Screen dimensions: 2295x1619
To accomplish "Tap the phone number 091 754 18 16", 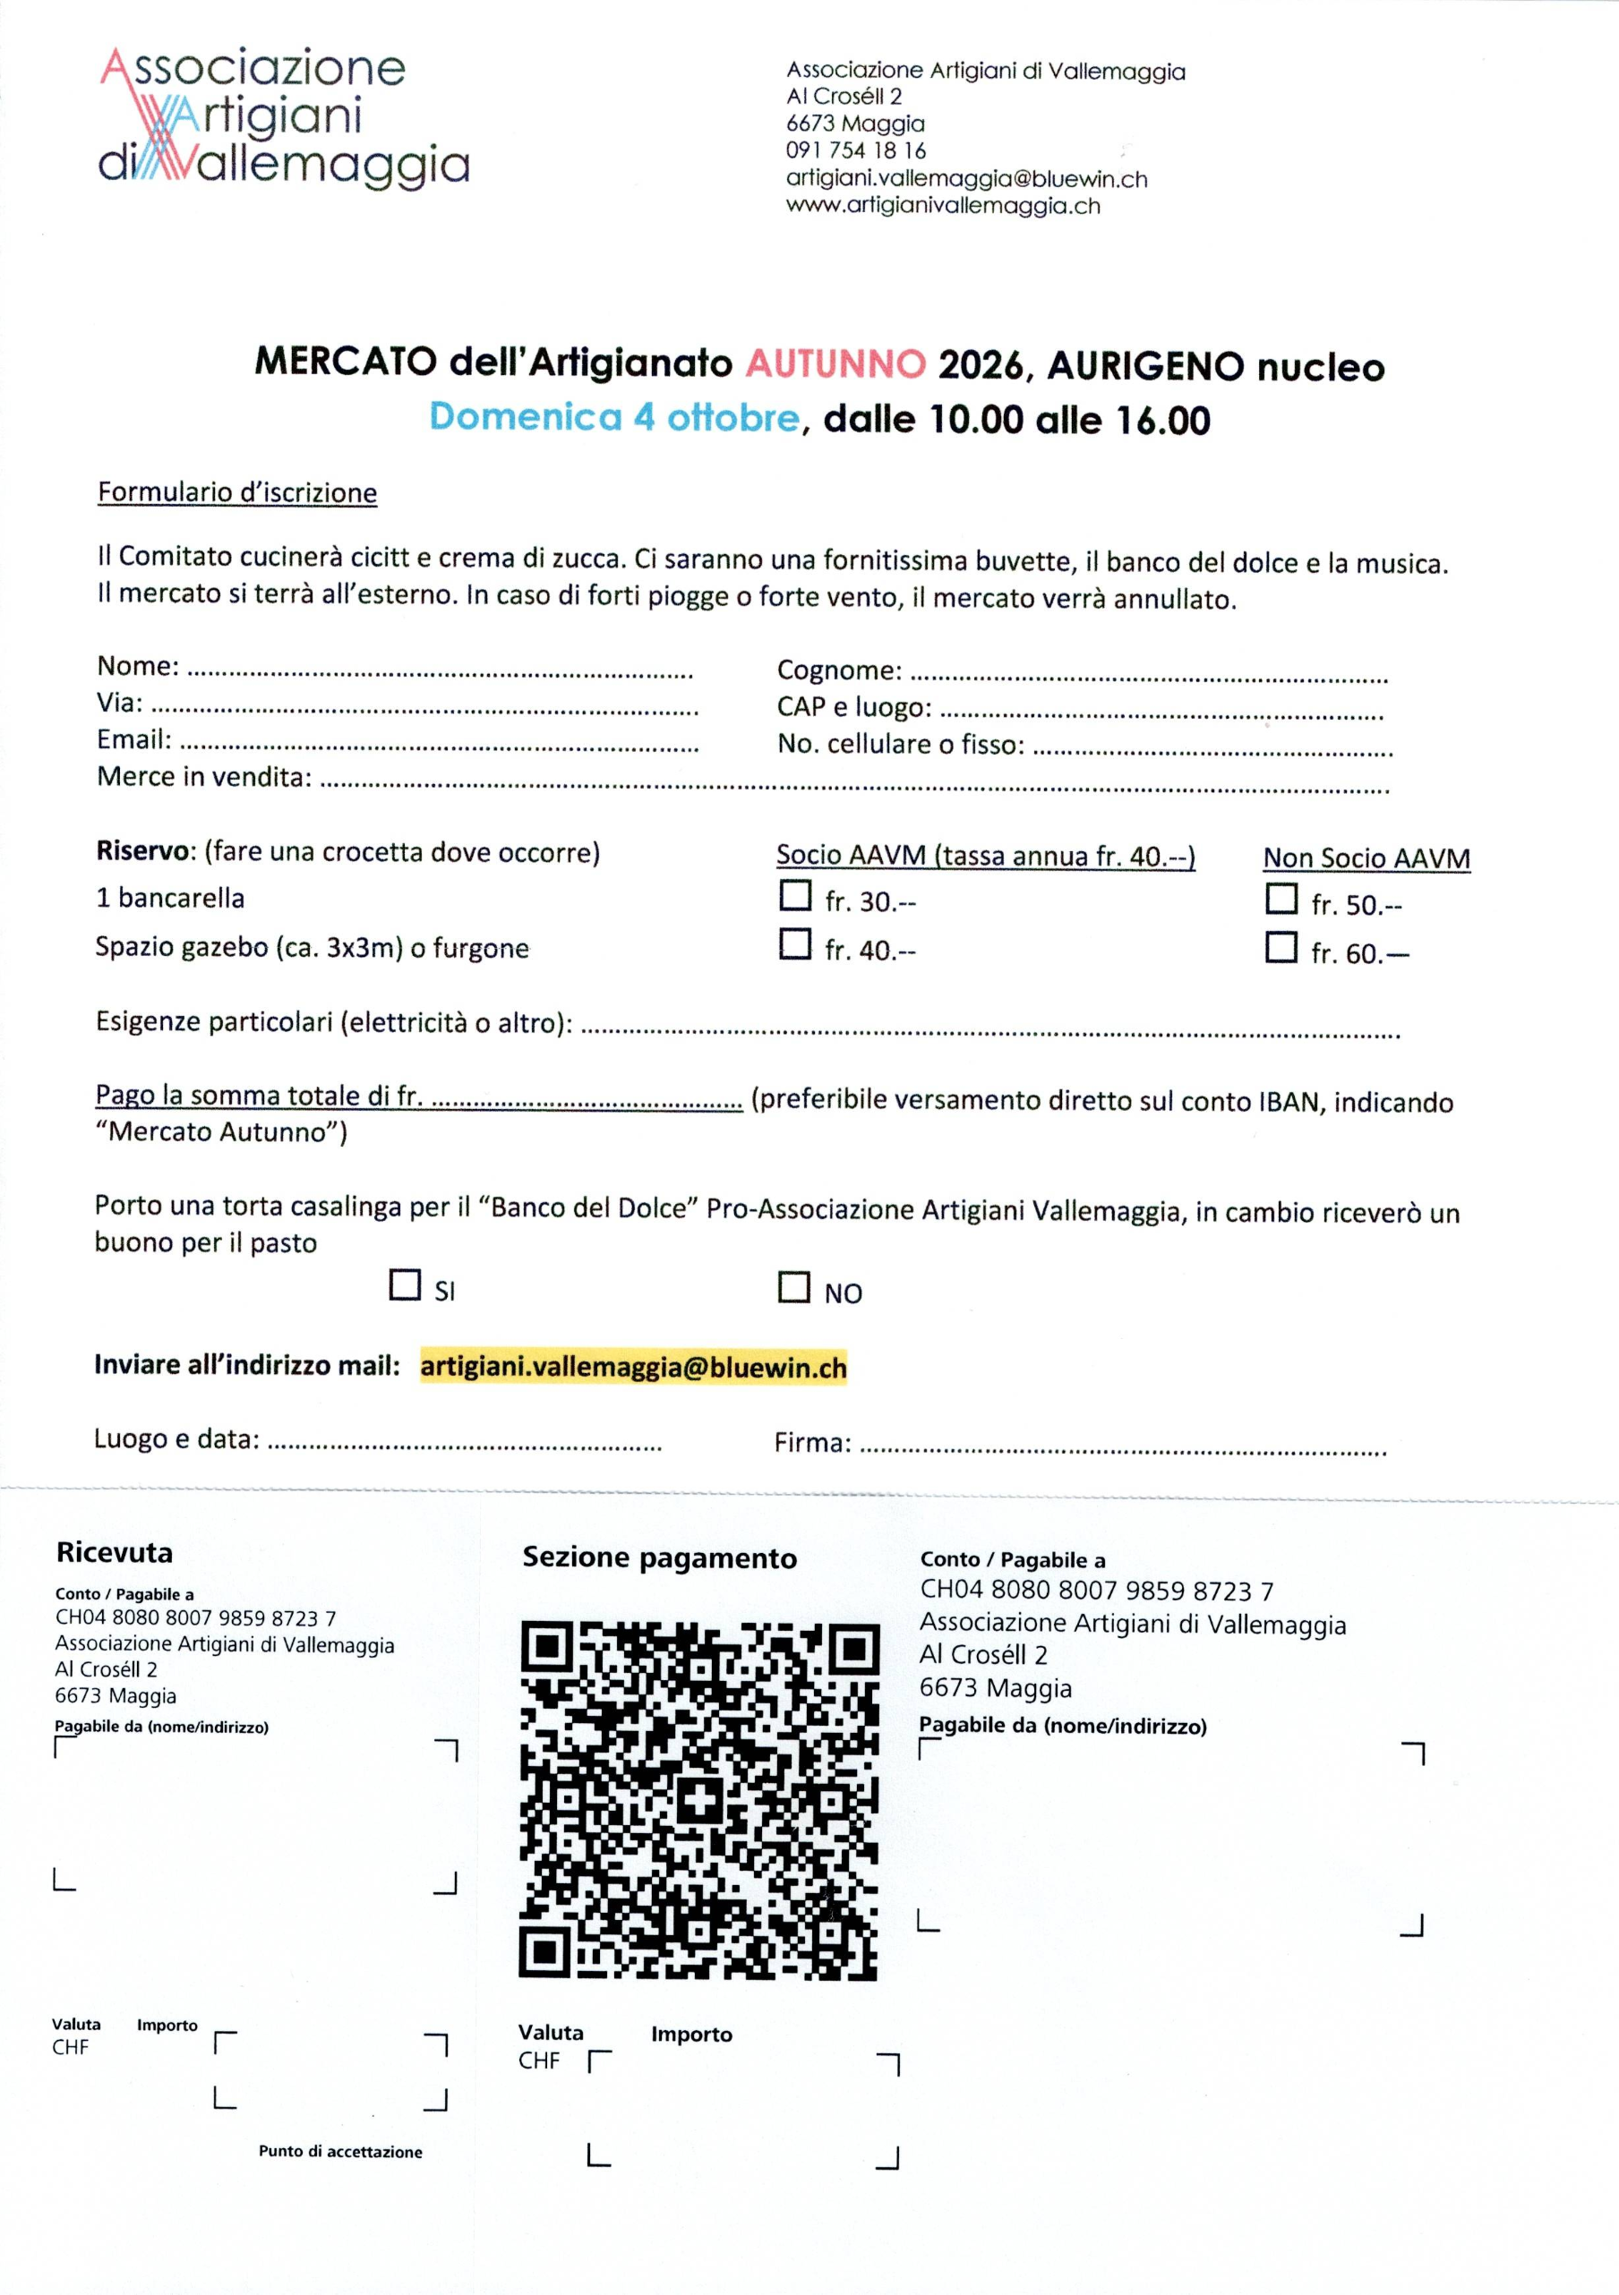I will [x=856, y=151].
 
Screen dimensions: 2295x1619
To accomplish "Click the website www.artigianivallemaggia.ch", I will [x=943, y=206].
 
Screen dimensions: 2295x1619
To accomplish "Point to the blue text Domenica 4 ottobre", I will [x=614, y=417].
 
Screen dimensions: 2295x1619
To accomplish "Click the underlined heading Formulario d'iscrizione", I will [x=237, y=493].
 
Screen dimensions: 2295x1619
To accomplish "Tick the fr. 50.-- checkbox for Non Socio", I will [x=1281, y=898].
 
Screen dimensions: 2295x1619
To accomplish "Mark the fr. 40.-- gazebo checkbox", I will [x=795, y=943].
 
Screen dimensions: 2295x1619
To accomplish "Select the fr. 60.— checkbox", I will [x=1281, y=947].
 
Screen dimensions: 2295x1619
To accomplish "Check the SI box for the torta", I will [x=405, y=1284].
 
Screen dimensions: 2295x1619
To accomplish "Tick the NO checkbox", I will [x=794, y=1286].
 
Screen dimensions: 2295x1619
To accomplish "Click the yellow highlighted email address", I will [x=633, y=1367].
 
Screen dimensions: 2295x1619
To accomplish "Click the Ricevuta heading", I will [x=115, y=1552].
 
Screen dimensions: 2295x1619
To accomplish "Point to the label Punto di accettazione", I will [x=340, y=2151].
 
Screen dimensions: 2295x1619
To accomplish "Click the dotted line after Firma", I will [x=1122, y=1449].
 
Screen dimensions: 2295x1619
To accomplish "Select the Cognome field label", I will [x=839, y=670].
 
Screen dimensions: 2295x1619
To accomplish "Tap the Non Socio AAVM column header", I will [x=1366, y=858].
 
